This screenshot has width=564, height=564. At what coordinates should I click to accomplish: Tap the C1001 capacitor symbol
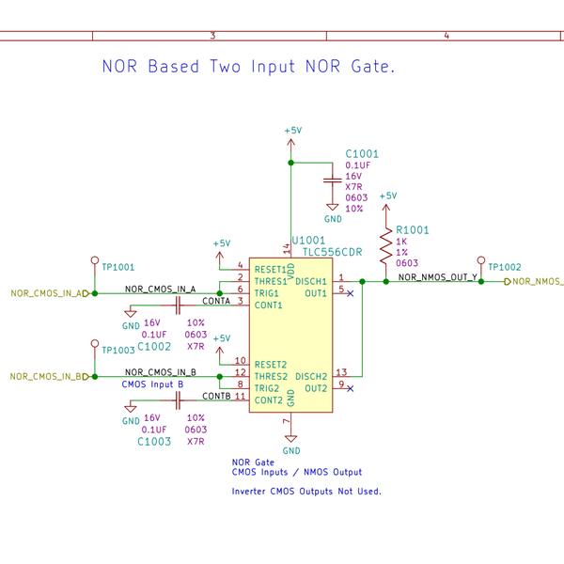click(x=331, y=179)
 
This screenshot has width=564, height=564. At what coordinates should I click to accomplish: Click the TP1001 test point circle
click(x=95, y=260)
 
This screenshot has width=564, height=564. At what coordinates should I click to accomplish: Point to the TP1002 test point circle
click(x=481, y=260)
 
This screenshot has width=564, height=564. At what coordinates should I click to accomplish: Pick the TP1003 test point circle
click(x=95, y=343)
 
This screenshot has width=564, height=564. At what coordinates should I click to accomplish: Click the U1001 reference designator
click(x=309, y=241)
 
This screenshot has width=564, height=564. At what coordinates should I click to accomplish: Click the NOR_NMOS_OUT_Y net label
click(x=437, y=277)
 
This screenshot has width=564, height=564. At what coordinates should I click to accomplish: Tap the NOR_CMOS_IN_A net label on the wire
click(x=160, y=289)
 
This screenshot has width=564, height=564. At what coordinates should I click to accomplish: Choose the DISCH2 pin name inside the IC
click(x=311, y=376)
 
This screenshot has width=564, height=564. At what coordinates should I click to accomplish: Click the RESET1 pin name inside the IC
click(x=271, y=270)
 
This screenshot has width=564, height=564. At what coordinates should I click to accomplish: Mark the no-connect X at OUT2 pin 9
click(x=351, y=388)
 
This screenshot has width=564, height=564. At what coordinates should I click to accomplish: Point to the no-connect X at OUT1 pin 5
click(x=351, y=293)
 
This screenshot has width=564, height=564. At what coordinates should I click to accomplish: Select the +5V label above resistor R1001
click(x=386, y=196)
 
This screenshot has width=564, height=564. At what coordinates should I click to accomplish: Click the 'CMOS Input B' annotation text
click(x=152, y=384)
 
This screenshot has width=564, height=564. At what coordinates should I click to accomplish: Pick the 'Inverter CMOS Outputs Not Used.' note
click(x=306, y=492)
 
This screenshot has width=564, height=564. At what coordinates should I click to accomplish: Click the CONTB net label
click(x=216, y=396)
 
